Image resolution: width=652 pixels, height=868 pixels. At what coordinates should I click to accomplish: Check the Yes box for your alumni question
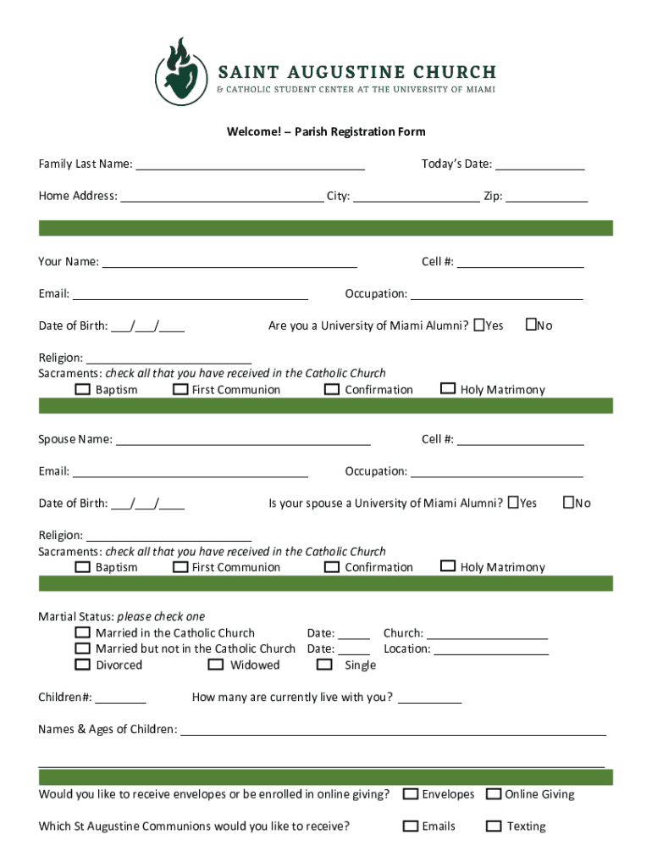tap(480, 325)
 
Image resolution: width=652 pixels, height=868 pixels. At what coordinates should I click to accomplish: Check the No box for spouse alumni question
tap(569, 503)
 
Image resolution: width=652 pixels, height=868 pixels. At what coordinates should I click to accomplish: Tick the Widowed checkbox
tap(215, 665)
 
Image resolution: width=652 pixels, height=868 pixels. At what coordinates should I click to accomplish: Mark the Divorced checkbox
tap(82, 665)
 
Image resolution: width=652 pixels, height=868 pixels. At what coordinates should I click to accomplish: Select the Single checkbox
tap(324, 665)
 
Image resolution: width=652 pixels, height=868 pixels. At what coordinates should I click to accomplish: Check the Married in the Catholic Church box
tap(82, 632)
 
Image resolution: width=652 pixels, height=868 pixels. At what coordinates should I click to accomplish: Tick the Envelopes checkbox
tap(411, 794)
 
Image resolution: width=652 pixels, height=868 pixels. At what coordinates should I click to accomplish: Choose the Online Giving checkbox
tap(493, 794)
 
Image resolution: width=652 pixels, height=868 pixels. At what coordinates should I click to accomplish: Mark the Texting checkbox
tap(493, 826)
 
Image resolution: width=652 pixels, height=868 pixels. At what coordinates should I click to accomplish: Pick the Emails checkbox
tap(411, 826)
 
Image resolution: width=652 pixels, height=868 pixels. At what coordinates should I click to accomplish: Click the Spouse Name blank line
tap(243, 441)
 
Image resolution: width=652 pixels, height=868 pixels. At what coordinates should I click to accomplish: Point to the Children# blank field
tap(120, 699)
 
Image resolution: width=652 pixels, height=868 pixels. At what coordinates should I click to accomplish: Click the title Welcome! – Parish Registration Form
tap(325, 131)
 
